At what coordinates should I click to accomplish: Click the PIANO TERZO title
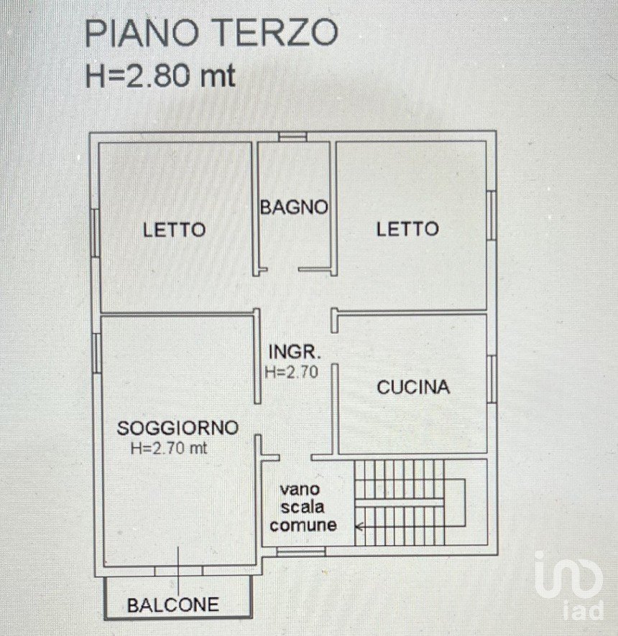211,33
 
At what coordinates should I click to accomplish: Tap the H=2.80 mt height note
160,76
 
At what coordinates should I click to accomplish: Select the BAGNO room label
294,207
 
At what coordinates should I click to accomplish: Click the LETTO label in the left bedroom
174,230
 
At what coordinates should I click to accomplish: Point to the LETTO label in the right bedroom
407,229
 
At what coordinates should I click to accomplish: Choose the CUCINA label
413,388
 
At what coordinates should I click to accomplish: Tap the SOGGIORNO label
177,428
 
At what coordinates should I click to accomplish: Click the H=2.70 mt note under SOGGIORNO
169,448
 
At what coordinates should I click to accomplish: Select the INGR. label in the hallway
295,352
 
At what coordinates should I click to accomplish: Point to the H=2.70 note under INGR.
291,372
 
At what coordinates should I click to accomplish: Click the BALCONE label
173,605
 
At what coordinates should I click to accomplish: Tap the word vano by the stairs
300,489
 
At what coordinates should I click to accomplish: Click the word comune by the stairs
303,525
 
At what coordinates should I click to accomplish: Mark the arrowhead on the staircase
359,527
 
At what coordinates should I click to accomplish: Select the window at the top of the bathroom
292,136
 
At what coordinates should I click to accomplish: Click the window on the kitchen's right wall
492,379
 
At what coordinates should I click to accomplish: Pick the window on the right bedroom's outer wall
492,215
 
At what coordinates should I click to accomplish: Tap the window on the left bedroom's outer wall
95,233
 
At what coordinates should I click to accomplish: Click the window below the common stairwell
301,551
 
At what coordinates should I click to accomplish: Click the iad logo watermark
568,585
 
